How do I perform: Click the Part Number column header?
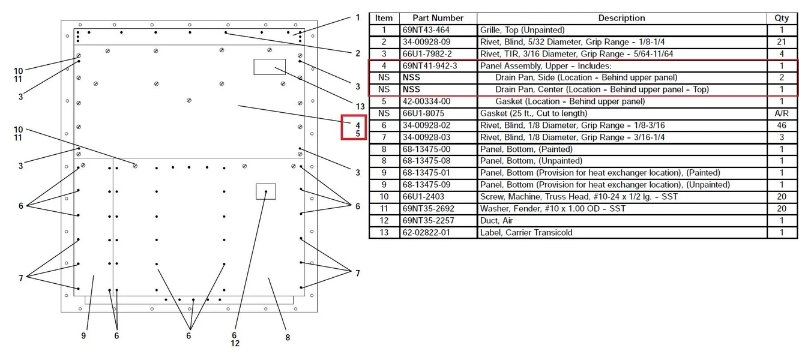click(x=438, y=18)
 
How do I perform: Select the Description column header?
click(x=621, y=18)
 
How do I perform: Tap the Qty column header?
click(x=781, y=18)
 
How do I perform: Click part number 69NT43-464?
click(x=426, y=30)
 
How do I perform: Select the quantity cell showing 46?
click(x=781, y=125)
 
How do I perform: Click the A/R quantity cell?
click(x=781, y=113)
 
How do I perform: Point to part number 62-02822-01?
click(x=426, y=233)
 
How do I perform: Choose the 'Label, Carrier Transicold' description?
click(x=526, y=233)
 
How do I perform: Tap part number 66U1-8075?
click(x=423, y=113)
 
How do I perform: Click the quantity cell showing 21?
click(x=781, y=42)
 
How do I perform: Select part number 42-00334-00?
click(x=426, y=101)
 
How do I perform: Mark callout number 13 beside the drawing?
click(x=360, y=107)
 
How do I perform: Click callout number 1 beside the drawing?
click(x=358, y=17)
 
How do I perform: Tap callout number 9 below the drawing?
click(x=83, y=336)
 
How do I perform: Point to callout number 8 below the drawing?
click(x=288, y=338)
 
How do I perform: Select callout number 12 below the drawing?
click(x=235, y=344)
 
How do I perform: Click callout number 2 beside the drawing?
click(x=358, y=53)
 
